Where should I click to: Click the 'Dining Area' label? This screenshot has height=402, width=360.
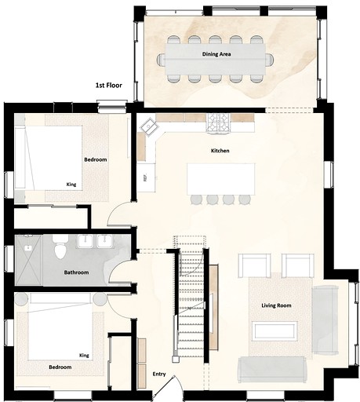point(216,54)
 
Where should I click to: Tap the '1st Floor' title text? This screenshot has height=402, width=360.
point(108,85)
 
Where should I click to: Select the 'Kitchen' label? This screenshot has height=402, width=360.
point(220,151)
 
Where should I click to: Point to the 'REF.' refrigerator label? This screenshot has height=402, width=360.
point(146,177)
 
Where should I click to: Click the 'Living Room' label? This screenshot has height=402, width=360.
point(276,305)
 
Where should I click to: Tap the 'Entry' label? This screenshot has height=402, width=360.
point(159,374)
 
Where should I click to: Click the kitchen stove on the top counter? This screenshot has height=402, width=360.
point(219,122)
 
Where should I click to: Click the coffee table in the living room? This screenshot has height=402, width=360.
point(274,330)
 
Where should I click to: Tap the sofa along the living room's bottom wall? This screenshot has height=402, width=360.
point(271,367)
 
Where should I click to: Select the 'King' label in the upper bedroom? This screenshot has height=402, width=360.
point(71,185)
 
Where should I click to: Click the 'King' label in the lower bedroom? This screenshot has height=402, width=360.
point(84,356)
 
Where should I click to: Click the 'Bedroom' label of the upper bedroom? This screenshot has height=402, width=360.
point(95,159)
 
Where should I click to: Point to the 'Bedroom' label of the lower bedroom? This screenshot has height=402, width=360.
point(60,367)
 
